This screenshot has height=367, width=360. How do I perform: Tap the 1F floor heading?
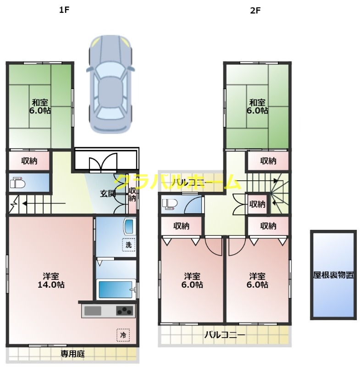(64, 10)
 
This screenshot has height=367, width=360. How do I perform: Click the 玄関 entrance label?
(108, 193)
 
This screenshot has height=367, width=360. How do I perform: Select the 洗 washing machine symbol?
(129, 245)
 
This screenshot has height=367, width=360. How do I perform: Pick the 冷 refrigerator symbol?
(122, 335)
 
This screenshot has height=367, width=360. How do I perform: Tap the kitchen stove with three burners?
(124, 311)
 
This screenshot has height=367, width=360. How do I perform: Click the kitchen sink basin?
(93, 311)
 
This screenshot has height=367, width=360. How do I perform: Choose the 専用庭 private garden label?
(72, 354)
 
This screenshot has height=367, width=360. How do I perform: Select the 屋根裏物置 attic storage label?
(333, 275)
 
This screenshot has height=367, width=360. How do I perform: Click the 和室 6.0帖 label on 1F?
(41, 106)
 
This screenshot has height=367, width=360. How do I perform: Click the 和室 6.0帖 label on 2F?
(257, 106)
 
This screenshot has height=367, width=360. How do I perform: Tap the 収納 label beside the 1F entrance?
(132, 195)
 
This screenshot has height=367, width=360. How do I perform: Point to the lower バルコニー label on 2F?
(225, 335)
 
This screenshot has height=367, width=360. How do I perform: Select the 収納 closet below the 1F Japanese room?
(29, 161)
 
